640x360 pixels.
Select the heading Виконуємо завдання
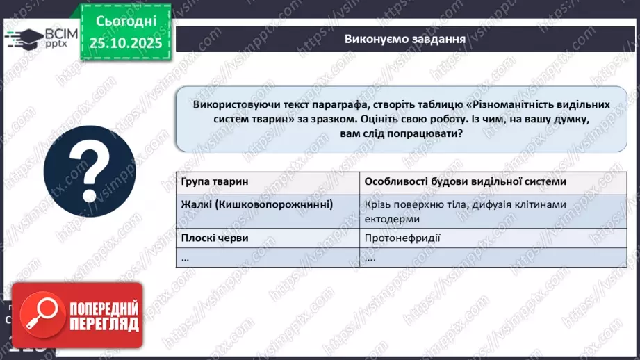pyautogui.click(x=404, y=38)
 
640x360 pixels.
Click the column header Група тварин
pyautogui.click(x=214, y=181)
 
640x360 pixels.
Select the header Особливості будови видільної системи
pyautogui.click(x=464, y=181)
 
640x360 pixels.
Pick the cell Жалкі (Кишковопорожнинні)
pyautogui.click(x=257, y=204)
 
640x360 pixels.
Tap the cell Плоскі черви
pyautogui.click(x=215, y=238)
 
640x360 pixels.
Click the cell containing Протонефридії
pyautogui.click(x=402, y=238)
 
